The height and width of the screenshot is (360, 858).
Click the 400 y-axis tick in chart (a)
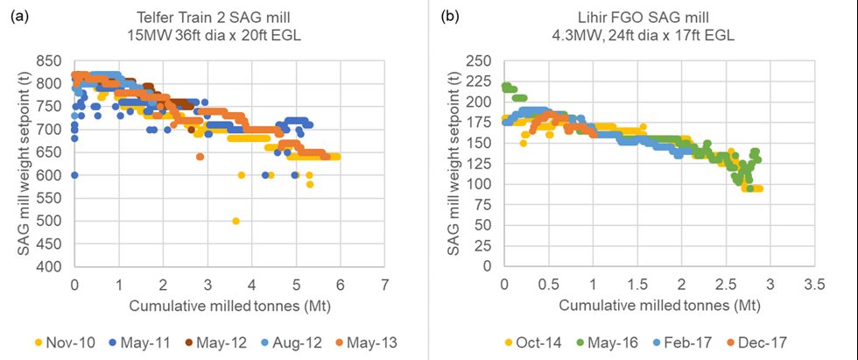53,266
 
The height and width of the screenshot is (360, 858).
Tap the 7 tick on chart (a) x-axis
384,285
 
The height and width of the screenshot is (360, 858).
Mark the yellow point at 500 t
236,221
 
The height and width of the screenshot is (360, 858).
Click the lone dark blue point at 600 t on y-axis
74,175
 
